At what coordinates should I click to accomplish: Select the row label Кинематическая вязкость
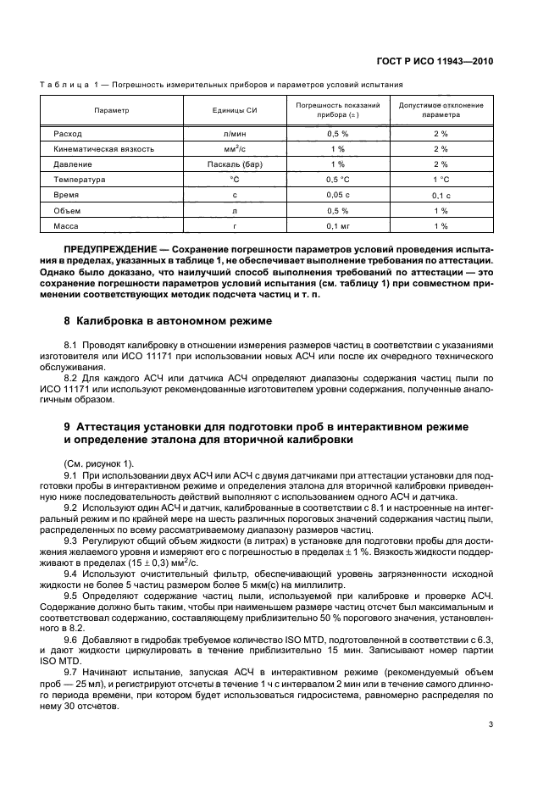pyautogui.click(x=103, y=149)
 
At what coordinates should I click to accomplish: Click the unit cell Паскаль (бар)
pyautogui.click(x=235, y=164)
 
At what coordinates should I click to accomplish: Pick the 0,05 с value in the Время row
pyautogui.click(x=338, y=195)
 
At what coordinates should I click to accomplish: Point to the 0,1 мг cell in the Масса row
pyautogui.click(x=338, y=225)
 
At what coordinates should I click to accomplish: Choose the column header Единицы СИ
pyautogui.click(x=235, y=111)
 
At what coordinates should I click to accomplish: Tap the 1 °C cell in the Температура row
pyautogui.click(x=441, y=180)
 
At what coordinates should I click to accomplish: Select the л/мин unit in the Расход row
pyautogui.click(x=235, y=134)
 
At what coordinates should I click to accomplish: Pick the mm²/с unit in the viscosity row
pyautogui.click(x=235, y=149)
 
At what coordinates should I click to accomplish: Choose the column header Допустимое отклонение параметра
pyautogui.click(x=441, y=111)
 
